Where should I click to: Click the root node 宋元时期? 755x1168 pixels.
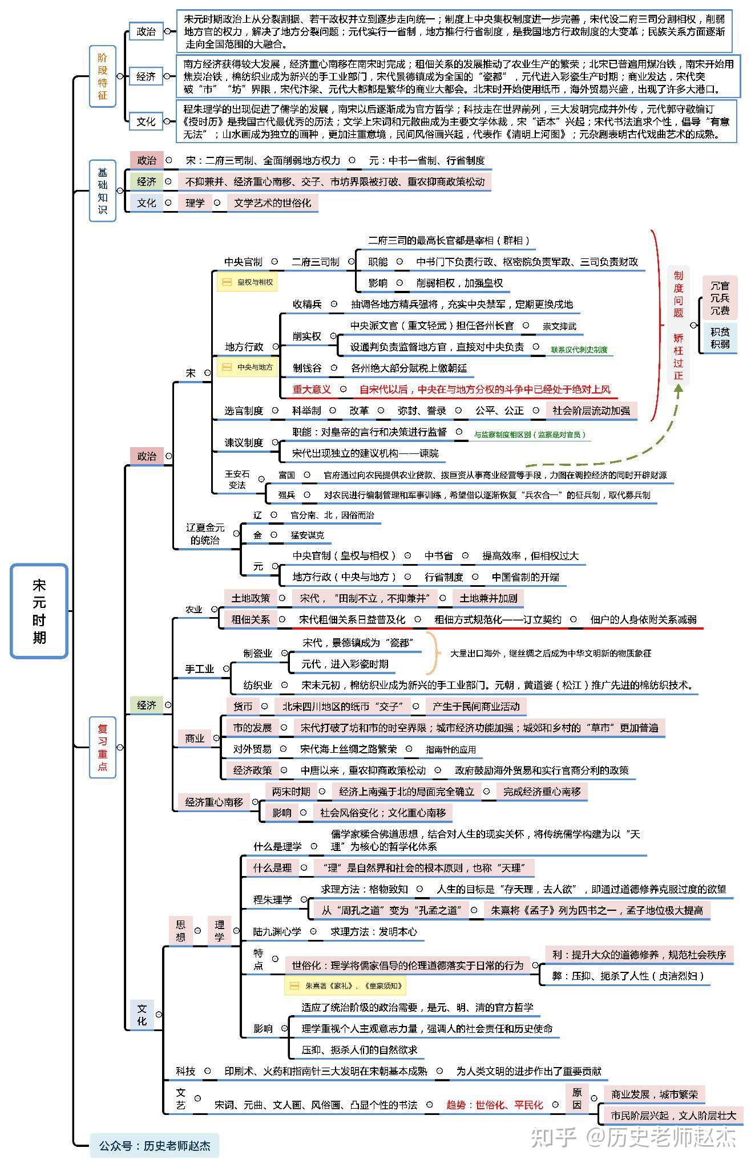pyautogui.click(x=39, y=611)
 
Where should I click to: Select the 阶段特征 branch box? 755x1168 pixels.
pyautogui.click(x=102, y=76)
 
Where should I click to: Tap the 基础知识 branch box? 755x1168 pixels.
pyautogui.click(x=102, y=190)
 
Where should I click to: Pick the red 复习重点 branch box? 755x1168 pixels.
pyautogui.click(x=102, y=747)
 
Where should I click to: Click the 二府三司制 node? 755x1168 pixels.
pyautogui.click(x=315, y=262)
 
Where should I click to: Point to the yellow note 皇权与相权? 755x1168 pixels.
pyautogui.click(x=247, y=282)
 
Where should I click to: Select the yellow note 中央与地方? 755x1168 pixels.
pyautogui.click(x=247, y=367)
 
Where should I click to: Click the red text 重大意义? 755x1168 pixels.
pyautogui.click(x=312, y=390)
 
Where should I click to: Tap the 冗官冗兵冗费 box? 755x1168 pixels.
pyautogui.click(x=720, y=298)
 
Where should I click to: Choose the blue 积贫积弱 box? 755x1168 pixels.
pyautogui.click(x=720, y=337)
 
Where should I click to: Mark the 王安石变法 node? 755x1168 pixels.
pyautogui.click(x=237, y=480)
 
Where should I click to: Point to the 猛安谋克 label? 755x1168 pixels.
pyautogui.click(x=307, y=535)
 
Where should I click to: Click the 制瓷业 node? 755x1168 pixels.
pyautogui.click(x=258, y=653)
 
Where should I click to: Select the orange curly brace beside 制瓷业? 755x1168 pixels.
pyautogui.click(x=435, y=653)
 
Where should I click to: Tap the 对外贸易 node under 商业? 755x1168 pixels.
pyautogui.click(x=252, y=749)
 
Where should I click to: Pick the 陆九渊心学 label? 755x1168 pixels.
pyautogui.click(x=277, y=931)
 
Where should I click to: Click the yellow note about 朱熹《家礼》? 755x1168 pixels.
pyautogui.click(x=346, y=985)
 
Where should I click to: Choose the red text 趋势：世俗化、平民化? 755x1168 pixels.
pyautogui.click(x=495, y=1105)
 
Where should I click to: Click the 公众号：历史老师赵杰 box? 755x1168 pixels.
pyautogui.click(x=154, y=1145)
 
